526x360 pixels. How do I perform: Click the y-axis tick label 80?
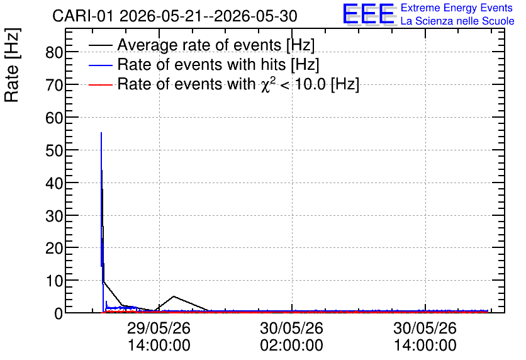point(54,52)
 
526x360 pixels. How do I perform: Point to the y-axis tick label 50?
point(54,150)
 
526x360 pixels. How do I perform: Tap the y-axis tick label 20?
point(54,248)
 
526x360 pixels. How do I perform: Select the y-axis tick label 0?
point(59,313)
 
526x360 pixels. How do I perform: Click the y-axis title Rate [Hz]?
point(12,65)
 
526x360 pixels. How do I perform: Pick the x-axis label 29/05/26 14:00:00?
point(159,337)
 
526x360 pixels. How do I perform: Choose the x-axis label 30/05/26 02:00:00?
point(291,337)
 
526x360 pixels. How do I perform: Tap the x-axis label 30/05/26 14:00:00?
point(425,337)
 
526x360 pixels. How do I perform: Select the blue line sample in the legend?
point(100,65)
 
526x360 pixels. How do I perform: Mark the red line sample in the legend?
point(100,85)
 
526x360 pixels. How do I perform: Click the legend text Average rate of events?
point(199,45)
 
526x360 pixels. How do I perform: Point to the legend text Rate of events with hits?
point(201,64)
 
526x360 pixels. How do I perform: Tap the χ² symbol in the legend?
point(266,84)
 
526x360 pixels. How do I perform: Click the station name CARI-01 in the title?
point(83,16)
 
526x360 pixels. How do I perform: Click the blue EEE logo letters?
point(368,14)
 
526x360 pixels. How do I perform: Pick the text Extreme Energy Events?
point(457,8)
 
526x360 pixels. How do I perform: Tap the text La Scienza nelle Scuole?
point(457,21)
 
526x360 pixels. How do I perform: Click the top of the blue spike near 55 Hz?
point(101,133)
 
